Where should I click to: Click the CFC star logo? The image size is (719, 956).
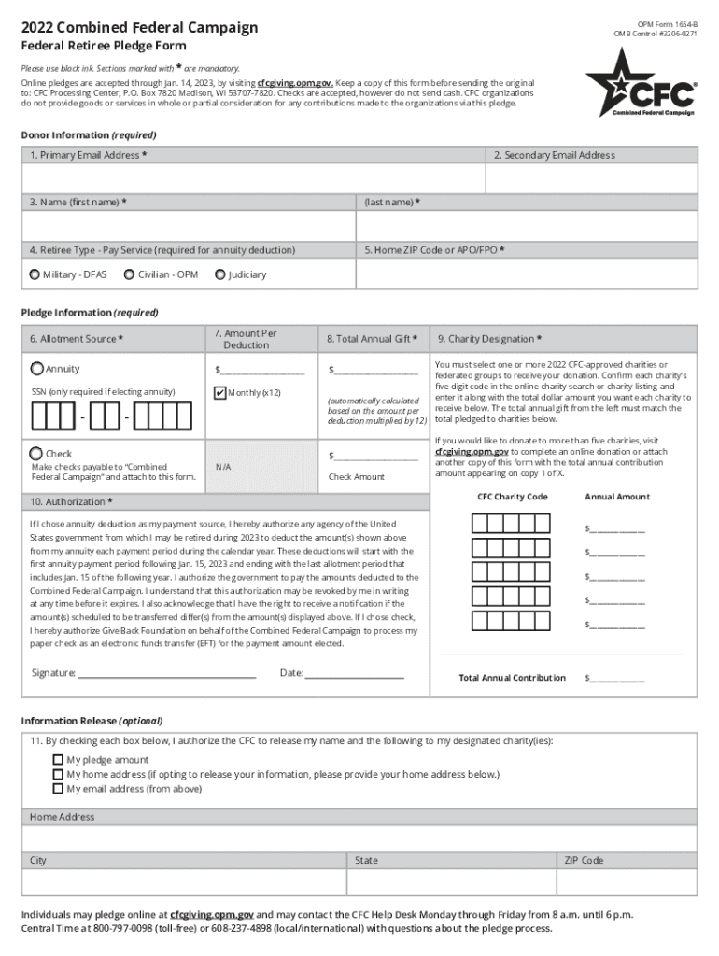(641, 83)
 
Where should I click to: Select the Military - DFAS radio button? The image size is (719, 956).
(35, 274)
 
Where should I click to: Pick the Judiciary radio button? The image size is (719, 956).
(219, 274)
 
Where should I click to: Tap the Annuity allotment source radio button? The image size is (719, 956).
(37, 369)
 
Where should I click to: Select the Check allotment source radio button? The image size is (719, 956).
(37, 453)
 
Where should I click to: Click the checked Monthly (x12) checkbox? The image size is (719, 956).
(219, 392)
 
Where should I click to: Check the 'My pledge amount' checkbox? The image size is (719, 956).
(58, 760)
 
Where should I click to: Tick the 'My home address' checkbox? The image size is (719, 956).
(58, 774)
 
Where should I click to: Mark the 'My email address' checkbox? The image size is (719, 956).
(58, 788)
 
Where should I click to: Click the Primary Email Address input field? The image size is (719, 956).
(252, 178)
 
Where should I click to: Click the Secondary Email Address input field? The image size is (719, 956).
(591, 178)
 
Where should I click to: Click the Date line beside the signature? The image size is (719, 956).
(354, 672)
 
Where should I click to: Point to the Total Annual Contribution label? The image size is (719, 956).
(512, 678)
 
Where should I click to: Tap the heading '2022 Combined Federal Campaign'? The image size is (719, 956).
(139, 28)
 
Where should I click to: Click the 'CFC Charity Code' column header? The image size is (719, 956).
(513, 497)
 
